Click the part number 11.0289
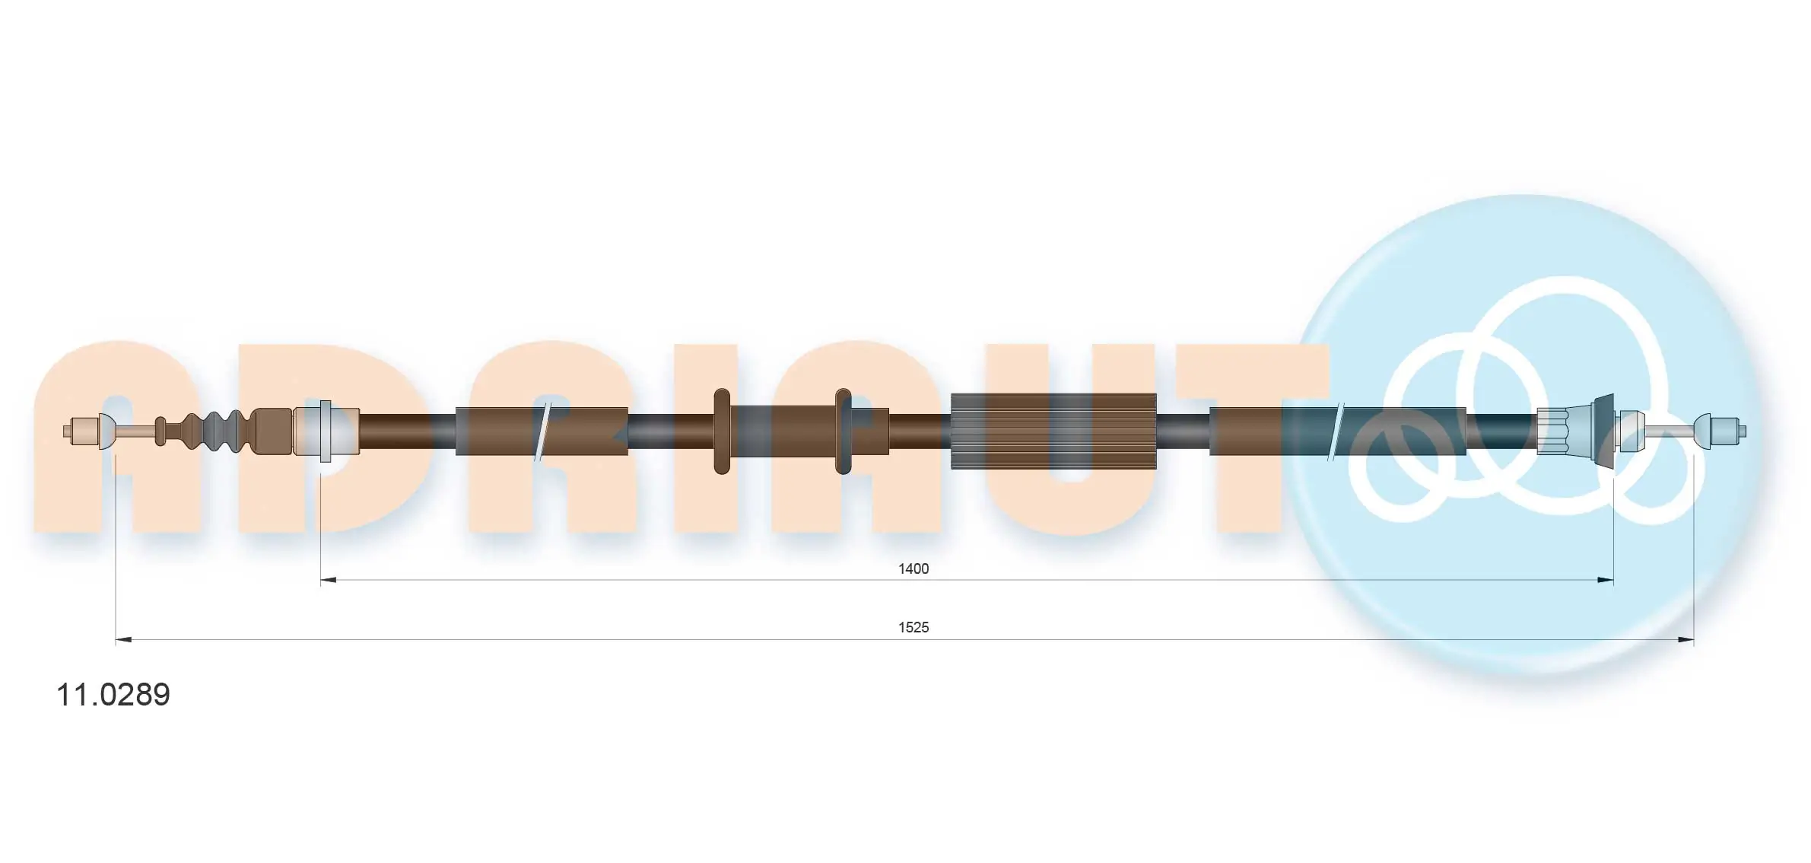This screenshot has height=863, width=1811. pos(113,694)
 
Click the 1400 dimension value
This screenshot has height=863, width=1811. pos(913,568)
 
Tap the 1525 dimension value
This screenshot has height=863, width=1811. pos(913,627)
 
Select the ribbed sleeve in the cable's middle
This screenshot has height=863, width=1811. pos(1053,431)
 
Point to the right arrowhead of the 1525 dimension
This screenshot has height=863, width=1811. pos(1686,640)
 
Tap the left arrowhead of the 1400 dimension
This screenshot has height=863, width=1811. pos(329,580)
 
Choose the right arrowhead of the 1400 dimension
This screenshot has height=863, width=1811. pos(1605,580)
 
